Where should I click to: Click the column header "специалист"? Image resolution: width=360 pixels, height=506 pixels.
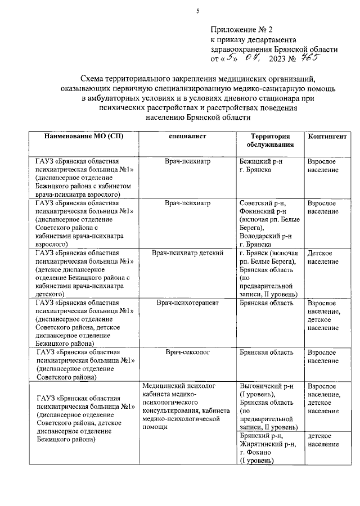coord(187,137)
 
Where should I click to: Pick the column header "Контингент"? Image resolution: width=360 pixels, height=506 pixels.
coord(327,137)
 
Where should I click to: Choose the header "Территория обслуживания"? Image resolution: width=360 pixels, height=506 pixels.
coord(270,141)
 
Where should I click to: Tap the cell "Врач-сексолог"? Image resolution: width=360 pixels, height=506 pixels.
coord(187,353)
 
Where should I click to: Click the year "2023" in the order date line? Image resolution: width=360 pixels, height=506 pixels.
coord(280,57)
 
